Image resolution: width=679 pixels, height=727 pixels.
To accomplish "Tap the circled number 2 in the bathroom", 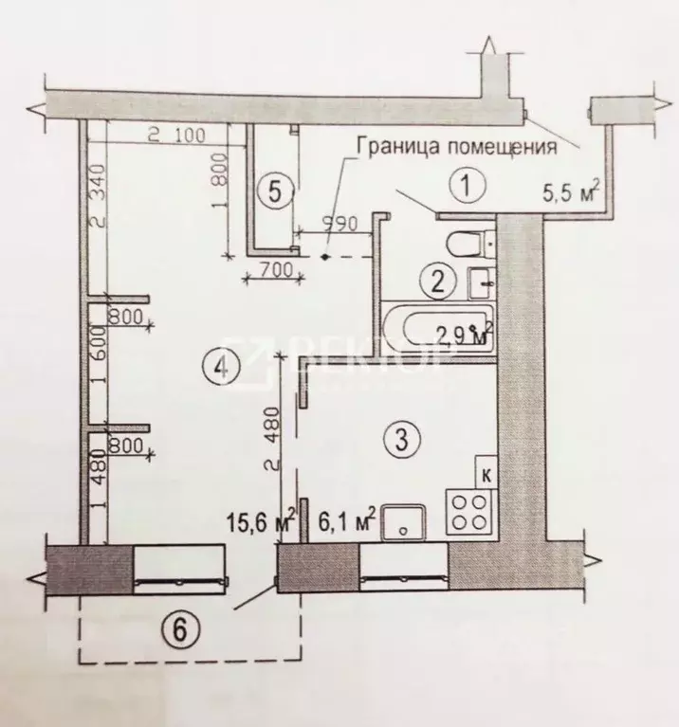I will (437, 281).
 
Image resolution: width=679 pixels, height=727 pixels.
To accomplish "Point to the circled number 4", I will (221, 368).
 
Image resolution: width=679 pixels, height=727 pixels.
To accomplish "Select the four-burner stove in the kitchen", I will (467, 512).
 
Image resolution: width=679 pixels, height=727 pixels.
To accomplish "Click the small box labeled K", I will (485, 474).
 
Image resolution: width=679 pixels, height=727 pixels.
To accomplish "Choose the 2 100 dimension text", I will (176, 136).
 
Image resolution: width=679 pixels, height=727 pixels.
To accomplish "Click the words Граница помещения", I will (454, 147).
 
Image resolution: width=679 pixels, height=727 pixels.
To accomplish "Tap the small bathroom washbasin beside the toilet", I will (481, 281).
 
